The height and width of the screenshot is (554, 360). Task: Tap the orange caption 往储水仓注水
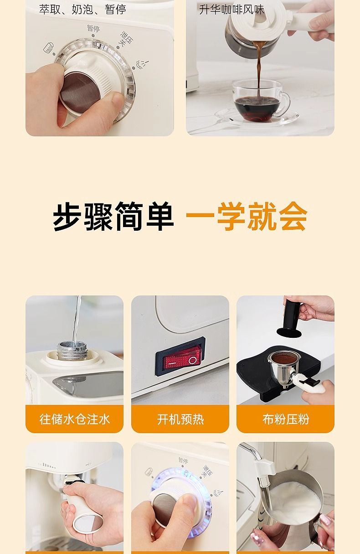coord(74,419)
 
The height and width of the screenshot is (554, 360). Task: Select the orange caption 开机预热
coord(180,419)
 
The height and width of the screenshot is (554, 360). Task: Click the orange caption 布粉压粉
coord(286,419)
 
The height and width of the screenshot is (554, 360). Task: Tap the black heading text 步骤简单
coord(113,217)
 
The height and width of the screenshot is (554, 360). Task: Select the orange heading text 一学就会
coord(247,217)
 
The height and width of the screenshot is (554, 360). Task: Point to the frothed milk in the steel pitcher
coord(295,494)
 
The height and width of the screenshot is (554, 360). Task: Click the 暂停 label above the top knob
coord(93,28)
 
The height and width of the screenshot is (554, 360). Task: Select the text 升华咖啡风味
coord(231,10)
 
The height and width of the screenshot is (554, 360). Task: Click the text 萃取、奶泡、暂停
coord(82,10)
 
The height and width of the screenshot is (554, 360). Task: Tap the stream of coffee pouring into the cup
coord(259,67)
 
